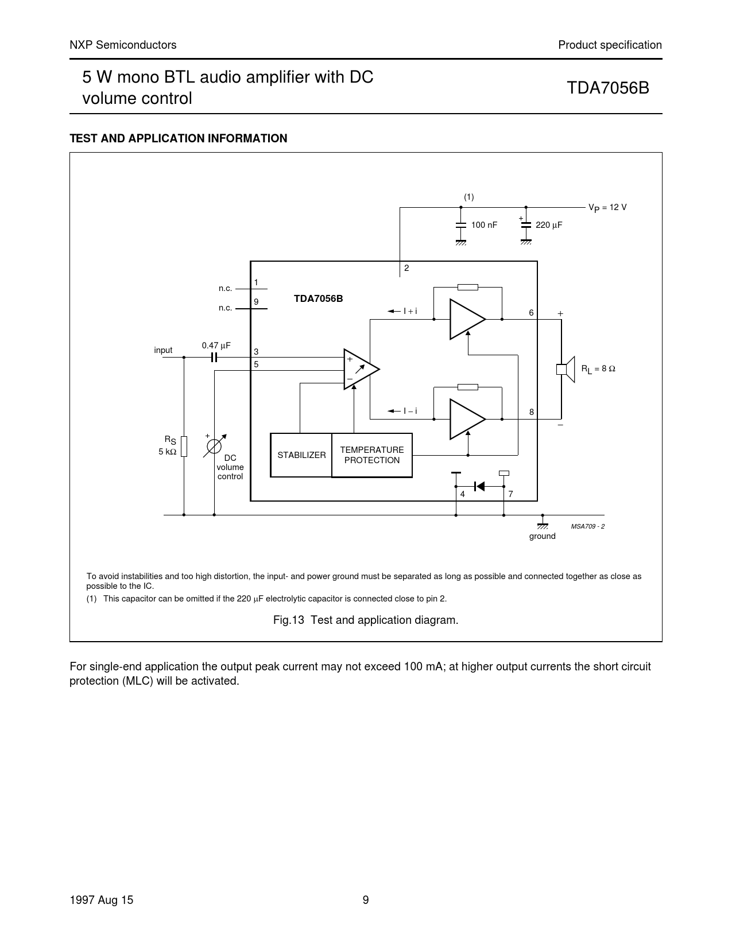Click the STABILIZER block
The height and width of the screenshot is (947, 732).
tap(301, 455)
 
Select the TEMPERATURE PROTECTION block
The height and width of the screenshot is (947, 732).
tap(372, 455)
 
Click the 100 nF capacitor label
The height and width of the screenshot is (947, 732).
tap(484, 226)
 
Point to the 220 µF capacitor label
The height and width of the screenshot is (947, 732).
tap(549, 226)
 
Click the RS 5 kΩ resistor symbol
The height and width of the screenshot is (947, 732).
tap(184, 446)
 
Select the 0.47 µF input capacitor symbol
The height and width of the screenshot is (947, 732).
tap(214, 357)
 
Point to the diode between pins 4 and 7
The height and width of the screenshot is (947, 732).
tap(479, 486)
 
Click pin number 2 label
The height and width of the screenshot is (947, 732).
tap(406, 268)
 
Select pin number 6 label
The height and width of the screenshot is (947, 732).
tap(532, 313)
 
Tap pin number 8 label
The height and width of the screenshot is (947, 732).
tap(532, 412)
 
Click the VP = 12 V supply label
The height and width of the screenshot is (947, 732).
tap(607, 207)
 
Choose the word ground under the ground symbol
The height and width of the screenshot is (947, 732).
tap(542, 536)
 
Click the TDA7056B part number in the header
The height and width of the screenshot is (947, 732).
tap(608, 88)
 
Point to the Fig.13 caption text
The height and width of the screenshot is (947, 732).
tap(366, 620)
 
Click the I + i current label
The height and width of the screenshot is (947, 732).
tap(410, 311)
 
